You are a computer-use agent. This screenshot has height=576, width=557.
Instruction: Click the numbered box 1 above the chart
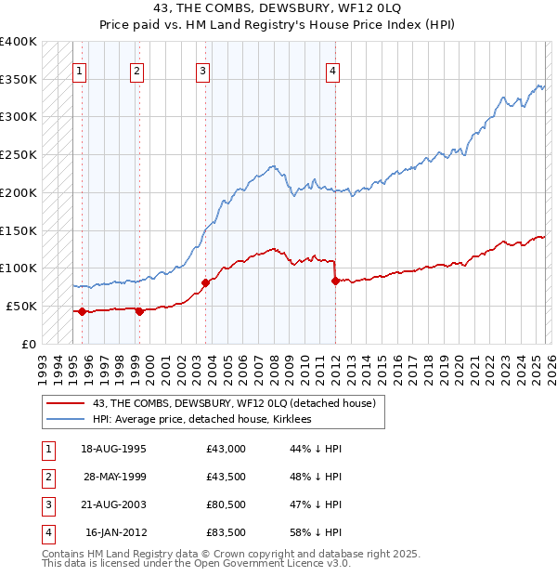80,71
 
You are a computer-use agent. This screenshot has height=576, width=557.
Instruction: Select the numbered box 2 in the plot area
137,71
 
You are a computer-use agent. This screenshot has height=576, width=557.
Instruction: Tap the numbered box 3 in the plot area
202,71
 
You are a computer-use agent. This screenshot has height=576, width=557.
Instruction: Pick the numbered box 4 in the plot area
331,71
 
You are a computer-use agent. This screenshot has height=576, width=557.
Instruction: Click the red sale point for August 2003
205,282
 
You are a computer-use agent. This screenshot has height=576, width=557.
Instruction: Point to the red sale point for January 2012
334,281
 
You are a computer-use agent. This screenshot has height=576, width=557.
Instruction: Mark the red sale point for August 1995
83,311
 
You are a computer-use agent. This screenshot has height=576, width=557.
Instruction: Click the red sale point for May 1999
140,311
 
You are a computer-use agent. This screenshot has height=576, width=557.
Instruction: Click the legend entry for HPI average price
202,420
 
